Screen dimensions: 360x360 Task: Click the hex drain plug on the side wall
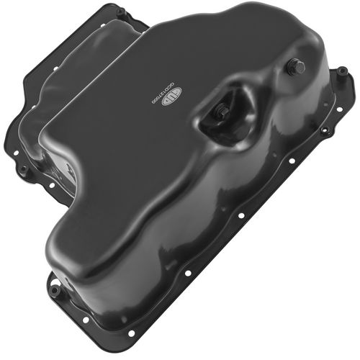point(297,68)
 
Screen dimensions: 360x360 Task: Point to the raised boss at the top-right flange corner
point(342,71)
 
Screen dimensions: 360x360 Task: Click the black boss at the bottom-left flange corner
point(55,291)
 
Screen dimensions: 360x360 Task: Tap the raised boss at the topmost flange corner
point(121,12)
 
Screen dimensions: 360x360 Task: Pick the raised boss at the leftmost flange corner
point(24,171)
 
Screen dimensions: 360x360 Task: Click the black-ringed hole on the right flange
point(325,131)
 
